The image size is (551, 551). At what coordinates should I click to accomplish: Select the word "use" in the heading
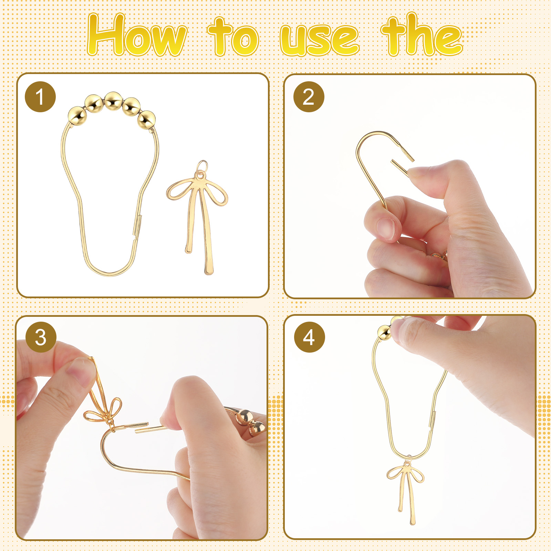[319, 41]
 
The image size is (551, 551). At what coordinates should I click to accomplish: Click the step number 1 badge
[40, 97]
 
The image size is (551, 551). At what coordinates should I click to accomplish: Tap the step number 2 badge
[309, 97]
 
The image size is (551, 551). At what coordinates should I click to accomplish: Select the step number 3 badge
[41, 337]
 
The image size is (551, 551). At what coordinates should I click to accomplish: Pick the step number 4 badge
[309, 337]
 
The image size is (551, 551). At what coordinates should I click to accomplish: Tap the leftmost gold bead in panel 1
[77, 116]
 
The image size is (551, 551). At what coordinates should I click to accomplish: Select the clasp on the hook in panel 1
[137, 226]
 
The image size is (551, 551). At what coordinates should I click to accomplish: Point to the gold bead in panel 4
[384, 332]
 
